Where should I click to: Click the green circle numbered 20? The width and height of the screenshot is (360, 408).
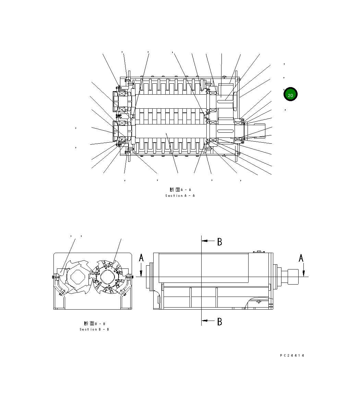pyautogui.click(x=290, y=94)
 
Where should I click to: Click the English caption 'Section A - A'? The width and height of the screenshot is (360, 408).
pyautogui.click(x=180, y=196)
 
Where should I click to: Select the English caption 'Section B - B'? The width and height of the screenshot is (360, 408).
pyautogui.click(x=94, y=329)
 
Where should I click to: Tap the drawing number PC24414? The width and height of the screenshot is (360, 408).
pyautogui.click(x=292, y=356)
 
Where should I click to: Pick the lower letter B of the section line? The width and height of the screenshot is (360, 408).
pyautogui.click(x=220, y=322)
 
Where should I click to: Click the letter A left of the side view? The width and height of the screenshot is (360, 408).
pyautogui.click(x=141, y=258)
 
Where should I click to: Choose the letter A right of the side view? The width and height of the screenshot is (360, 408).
pyautogui.click(x=301, y=258)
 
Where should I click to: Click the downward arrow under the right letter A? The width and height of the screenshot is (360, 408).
pyautogui.click(x=304, y=272)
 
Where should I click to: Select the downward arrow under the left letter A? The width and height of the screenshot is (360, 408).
pyautogui.click(x=141, y=272)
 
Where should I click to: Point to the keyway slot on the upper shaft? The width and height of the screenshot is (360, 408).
pyautogui.click(x=226, y=97)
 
